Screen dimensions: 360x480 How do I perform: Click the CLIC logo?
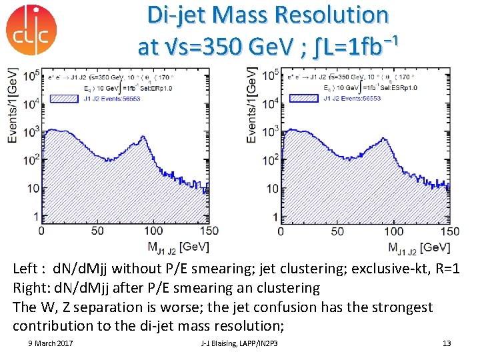point(31,30)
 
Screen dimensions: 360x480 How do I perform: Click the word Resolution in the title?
point(333,15)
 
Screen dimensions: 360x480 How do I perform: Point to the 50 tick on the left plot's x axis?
point(97,231)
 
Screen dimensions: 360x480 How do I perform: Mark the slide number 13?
point(447,343)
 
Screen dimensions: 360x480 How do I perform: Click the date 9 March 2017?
point(51,343)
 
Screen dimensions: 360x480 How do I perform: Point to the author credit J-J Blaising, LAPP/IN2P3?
point(239,343)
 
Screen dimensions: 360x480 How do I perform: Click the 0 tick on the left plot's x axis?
point(41,231)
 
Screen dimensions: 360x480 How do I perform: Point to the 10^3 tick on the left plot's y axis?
point(31,132)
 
